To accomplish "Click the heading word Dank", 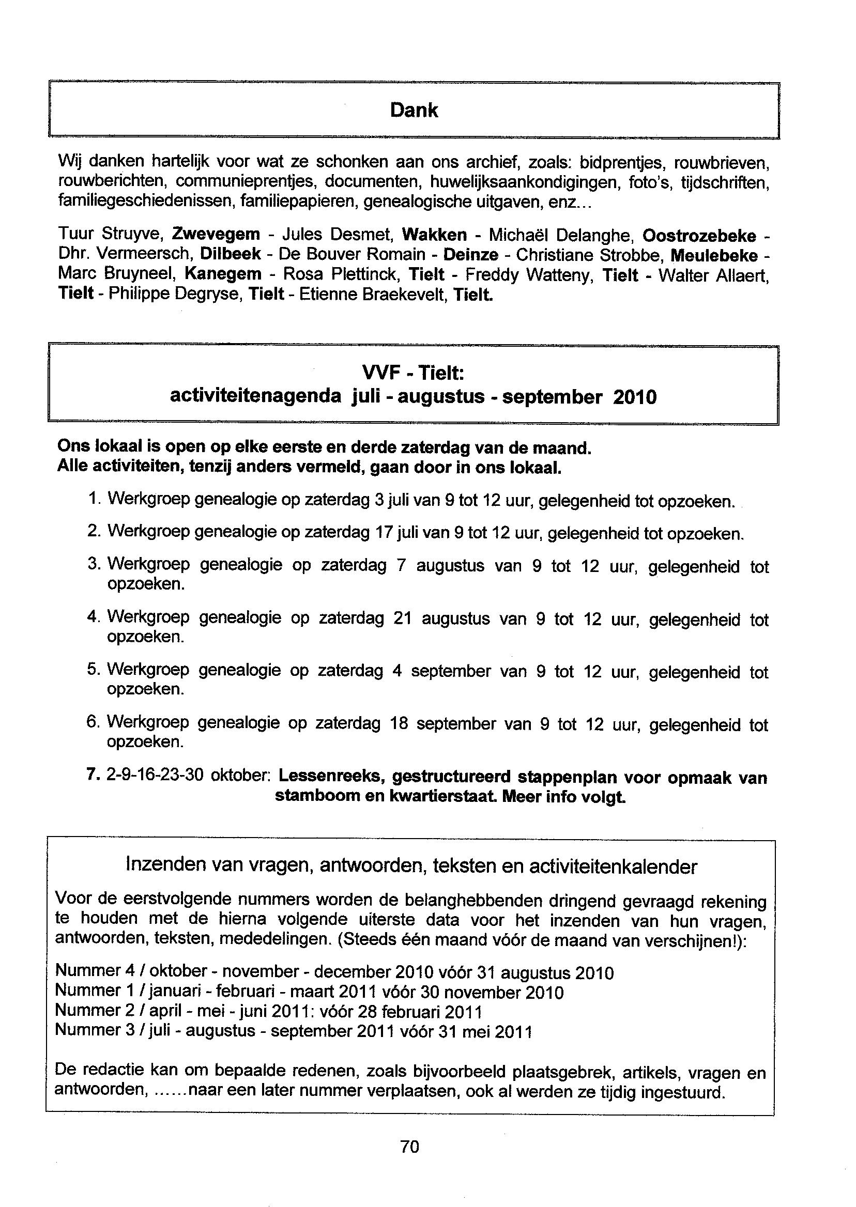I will point(414,110).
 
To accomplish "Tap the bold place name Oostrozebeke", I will point(699,235).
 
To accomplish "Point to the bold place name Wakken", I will point(434,234).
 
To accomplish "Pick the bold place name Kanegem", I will point(223,274).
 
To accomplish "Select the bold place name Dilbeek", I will point(231,254).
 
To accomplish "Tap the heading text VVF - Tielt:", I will point(413,374).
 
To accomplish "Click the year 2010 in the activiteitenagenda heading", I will point(635,397).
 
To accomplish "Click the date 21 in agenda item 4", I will point(402,618).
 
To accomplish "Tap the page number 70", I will point(409,1146).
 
